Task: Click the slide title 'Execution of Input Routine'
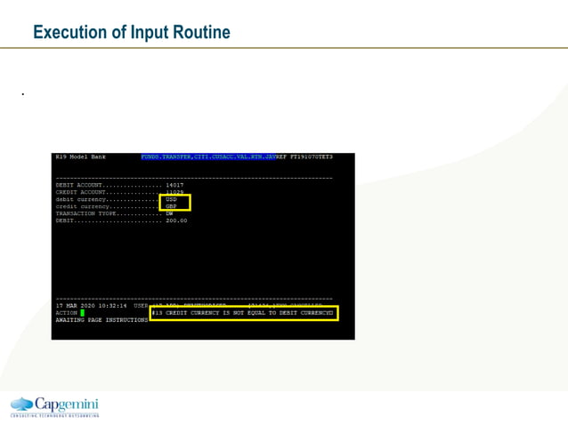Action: tap(131, 33)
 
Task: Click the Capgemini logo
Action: tap(54, 405)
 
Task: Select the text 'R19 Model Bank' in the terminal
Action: tap(80, 157)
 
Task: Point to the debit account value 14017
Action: tap(174, 185)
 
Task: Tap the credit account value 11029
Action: tap(174, 192)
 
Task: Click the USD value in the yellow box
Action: tap(172, 199)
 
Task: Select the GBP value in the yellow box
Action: tap(172, 206)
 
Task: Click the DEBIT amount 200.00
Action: tap(176, 221)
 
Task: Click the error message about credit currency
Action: tap(243, 313)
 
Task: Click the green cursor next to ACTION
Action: tap(82, 313)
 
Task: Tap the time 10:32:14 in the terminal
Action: tap(113, 306)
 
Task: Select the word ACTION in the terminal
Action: tap(66, 313)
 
